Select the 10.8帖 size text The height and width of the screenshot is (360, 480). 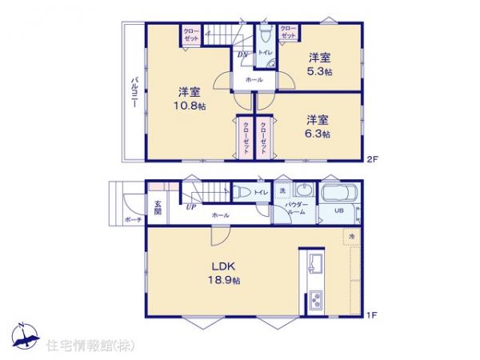pyautogui.click(x=189, y=105)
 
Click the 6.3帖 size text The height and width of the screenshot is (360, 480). pyautogui.click(x=318, y=134)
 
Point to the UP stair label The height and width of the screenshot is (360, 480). pyautogui.click(x=191, y=207)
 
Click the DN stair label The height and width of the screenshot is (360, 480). pyautogui.click(x=241, y=54)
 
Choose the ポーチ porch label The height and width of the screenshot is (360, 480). pyautogui.click(x=132, y=220)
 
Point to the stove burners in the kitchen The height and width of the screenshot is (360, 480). pyautogui.click(x=312, y=301)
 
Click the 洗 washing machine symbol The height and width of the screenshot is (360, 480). pyautogui.click(x=282, y=190)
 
